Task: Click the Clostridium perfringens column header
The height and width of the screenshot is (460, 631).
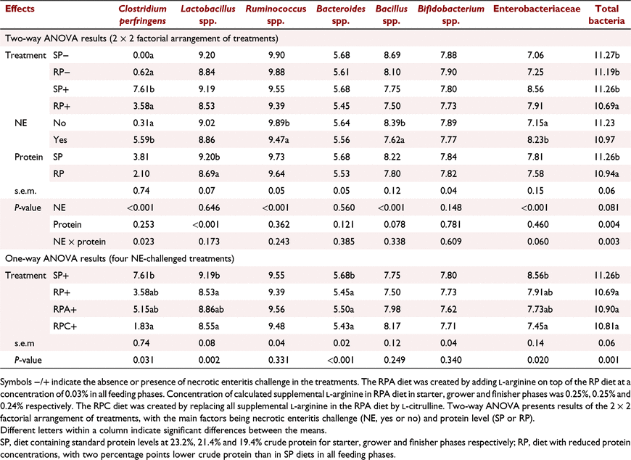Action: pos(142,15)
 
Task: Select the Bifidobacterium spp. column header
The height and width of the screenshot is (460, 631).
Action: pos(450,15)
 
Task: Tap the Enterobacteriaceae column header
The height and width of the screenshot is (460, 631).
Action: pos(537,9)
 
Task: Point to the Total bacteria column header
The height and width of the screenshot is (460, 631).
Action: pos(606,15)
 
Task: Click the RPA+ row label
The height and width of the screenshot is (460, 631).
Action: pos(65,309)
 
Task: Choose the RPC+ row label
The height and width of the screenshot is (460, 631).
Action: pos(65,326)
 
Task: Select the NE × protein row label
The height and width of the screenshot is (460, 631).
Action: pos(79,242)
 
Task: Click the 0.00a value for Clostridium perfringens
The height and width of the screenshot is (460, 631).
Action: pos(144,55)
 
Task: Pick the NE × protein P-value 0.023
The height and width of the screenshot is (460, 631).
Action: pos(144,242)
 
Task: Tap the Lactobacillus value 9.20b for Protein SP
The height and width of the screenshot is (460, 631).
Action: pos(209,157)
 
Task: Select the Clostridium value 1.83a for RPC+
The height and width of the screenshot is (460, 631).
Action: pos(144,326)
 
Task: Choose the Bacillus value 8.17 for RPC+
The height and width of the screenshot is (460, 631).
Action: pos(392,326)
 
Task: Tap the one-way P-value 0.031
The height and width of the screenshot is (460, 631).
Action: pos(144,360)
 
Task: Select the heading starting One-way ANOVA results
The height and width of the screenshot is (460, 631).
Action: pos(120,258)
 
